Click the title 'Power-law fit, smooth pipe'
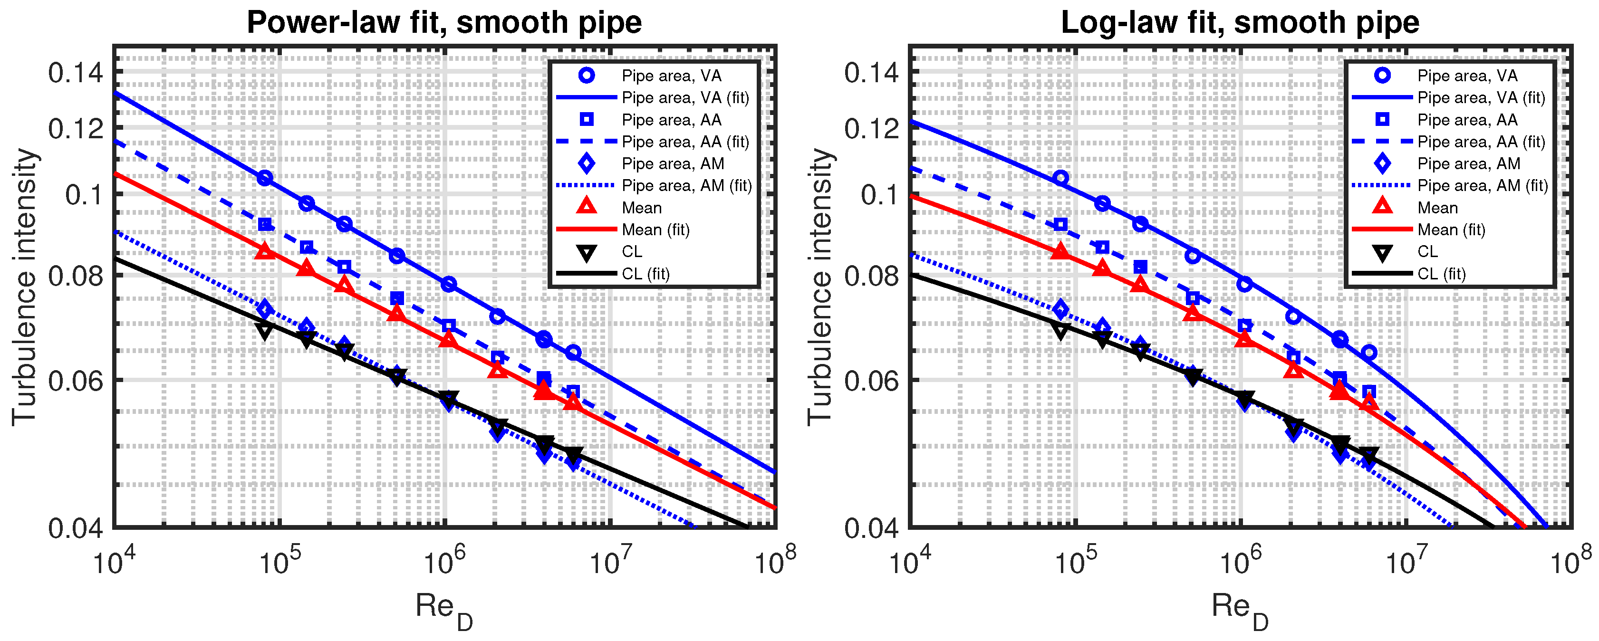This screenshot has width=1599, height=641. [x=444, y=22]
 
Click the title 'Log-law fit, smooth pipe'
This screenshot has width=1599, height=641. [x=1240, y=22]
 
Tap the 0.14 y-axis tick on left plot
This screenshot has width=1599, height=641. [x=75, y=73]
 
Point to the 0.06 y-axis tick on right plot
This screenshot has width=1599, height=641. [x=871, y=381]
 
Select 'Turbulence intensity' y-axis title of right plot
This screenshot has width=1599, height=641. [x=820, y=287]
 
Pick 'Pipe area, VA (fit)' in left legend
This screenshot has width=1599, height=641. [x=685, y=97]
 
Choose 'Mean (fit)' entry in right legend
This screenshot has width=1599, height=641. [x=1451, y=230]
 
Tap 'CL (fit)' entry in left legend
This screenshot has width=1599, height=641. [x=645, y=274]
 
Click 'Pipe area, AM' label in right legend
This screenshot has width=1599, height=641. [x=1469, y=164]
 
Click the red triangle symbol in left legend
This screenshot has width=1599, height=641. [x=587, y=207]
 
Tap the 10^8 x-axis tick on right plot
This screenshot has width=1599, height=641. [x=1570, y=563]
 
